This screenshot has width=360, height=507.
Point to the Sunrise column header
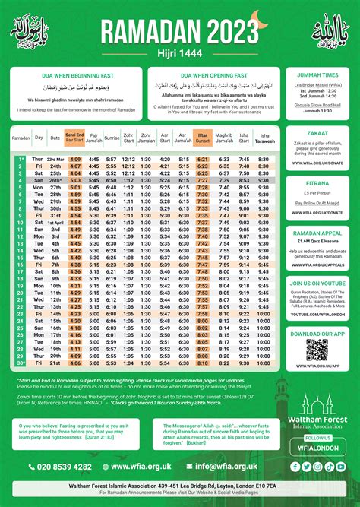tap(111, 139)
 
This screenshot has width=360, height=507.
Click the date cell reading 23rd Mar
tap(55, 159)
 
